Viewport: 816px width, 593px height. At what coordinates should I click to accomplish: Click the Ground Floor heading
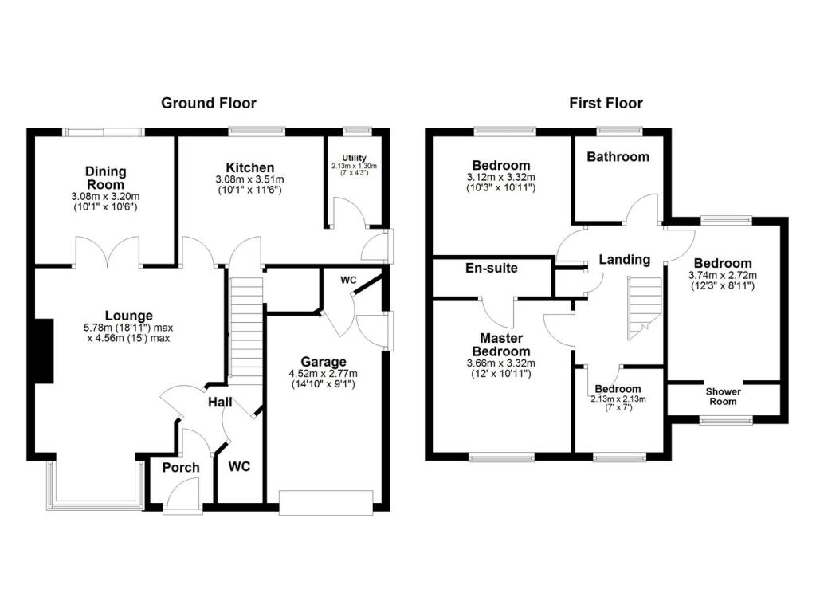click(209, 103)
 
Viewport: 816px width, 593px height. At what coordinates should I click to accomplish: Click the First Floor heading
click(606, 103)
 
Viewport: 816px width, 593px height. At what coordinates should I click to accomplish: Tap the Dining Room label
click(106, 178)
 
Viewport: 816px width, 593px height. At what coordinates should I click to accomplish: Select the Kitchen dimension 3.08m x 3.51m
click(249, 179)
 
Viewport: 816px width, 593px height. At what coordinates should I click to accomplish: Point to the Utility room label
click(354, 158)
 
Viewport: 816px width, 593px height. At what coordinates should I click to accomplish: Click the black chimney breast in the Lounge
click(45, 351)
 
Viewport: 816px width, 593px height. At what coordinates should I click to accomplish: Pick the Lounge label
click(128, 316)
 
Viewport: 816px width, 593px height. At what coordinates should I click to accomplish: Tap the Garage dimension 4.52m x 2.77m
click(324, 374)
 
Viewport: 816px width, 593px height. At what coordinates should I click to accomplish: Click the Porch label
click(181, 468)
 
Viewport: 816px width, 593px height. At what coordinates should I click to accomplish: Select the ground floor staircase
click(246, 331)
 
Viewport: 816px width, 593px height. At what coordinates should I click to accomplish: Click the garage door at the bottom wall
click(326, 502)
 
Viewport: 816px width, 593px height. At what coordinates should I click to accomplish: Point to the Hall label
click(220, 402)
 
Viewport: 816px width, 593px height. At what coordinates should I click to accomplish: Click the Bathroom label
click(618, 157)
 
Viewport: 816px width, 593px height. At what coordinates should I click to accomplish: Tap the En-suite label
click(491, 268)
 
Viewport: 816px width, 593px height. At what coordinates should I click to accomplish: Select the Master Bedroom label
click(502, 344)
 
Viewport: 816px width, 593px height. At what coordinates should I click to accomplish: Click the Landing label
click(625, 259)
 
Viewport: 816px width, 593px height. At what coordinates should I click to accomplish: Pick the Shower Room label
click(723, 396)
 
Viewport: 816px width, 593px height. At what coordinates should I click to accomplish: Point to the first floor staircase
click(644, 308)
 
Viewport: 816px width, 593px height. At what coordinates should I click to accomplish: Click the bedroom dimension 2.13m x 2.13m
click(618, 399)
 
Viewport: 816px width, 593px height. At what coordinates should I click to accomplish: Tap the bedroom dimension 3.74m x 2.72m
click(722, 276)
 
